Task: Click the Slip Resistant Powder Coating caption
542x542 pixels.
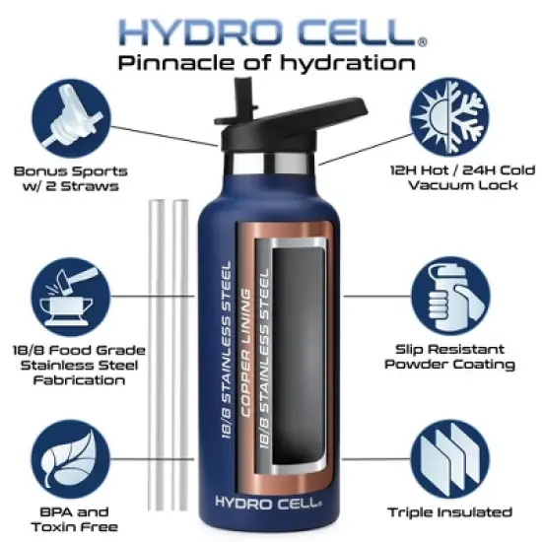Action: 463,357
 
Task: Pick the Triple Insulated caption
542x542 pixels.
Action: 463,512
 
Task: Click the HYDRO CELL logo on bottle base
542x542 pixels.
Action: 267,503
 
